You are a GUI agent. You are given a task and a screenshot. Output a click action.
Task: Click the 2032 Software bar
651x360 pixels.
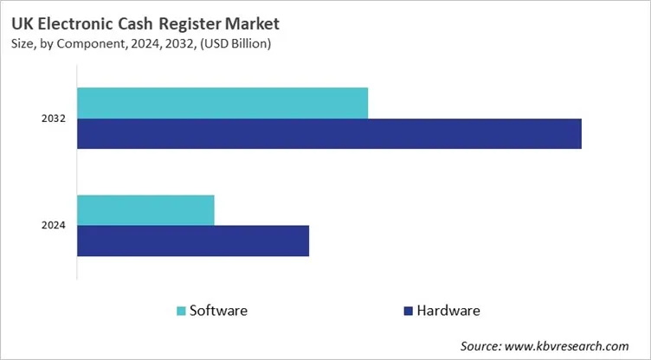coord(222,103)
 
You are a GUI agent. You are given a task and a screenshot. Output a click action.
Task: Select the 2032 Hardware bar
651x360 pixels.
coord(329,133)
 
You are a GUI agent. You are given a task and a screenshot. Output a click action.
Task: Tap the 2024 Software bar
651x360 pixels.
coord(145,210)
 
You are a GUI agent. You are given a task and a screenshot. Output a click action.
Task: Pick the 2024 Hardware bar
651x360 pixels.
coord(193,241)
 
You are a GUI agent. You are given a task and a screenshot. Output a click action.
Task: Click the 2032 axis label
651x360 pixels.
coord(54,119)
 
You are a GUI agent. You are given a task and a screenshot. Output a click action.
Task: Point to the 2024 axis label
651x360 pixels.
coord(54,226)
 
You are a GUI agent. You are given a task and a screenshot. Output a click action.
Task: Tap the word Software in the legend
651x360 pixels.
coord(219,310)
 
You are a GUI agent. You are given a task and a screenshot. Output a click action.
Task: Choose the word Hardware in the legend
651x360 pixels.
coord(448,310)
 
